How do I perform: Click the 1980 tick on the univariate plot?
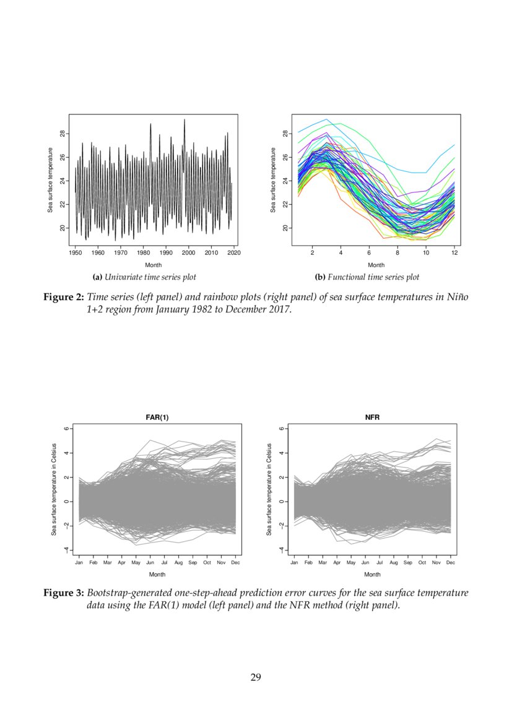[144, 252]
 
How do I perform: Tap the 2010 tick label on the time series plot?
[211, 252]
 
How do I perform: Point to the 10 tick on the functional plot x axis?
[426, 252]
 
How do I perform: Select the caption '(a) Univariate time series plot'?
[144, 277]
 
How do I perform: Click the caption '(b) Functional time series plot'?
[367, 277]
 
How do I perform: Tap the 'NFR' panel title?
[372, 417]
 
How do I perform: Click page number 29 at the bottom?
[256, 677]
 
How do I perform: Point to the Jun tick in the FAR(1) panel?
[150, 563]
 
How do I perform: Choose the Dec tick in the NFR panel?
[451, 563]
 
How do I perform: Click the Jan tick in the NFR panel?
[294, 563]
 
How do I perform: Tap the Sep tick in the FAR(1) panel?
[193, 563]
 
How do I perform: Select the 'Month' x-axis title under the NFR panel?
[372, 575]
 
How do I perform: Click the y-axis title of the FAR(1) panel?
[54, 489]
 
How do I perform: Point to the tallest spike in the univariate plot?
[184, 119]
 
